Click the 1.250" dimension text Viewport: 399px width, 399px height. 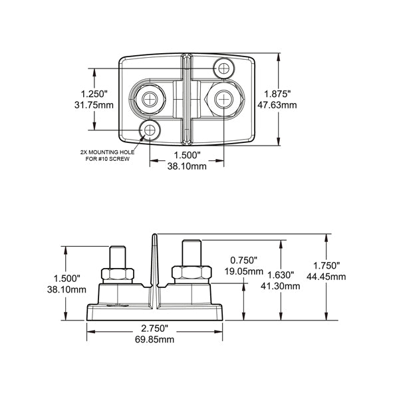(x=94, y=94)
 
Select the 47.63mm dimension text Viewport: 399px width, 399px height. (x=277, y=105)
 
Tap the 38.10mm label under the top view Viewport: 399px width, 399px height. (x=187, y=166)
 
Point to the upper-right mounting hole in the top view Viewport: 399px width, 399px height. (x=223, y=68)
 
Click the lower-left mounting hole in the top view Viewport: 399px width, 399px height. (x=150, y=130)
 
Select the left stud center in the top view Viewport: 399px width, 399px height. (x=150, y=98)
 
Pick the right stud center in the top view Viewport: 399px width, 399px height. (x=223, y=99)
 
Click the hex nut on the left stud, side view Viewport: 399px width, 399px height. (x=118, y=274)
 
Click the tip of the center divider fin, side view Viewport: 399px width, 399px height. (x=154, y=234)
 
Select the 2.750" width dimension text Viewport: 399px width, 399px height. (x=155, y=329)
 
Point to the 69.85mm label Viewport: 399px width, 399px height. (x=154, y=339)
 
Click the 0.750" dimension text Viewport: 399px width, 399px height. (x=244, y=260)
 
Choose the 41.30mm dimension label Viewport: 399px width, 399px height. (x=280, y=286)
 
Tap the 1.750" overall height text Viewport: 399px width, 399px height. (x=327, y=265)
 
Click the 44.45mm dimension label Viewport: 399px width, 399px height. (x=327, y=277)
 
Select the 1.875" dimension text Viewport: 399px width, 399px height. (x=277, y=94)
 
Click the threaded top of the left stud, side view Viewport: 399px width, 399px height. (x=118, y=257)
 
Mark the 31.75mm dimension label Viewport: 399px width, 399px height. (x=94, y=105)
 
